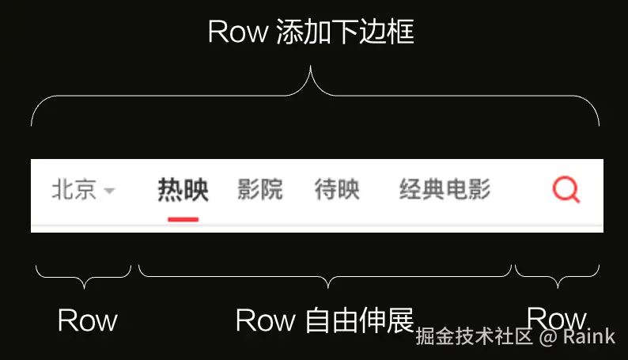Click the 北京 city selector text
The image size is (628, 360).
[74, 191]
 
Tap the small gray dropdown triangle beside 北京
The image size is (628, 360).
[109, 191]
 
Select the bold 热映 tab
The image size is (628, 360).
[183, 190]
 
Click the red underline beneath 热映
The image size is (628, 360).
[183, 218]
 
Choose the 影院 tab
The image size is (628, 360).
[260, 190]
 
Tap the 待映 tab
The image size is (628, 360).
[337, 190]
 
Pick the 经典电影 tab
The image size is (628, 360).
[445, 190]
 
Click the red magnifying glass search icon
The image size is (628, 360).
[566, 190]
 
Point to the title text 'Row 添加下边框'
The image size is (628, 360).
[311, 32]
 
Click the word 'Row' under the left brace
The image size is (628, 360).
[87, 320]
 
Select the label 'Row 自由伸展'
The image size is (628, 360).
[325, 320]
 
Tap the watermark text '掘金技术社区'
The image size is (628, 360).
[475, 337]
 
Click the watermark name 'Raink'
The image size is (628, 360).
[589, 337]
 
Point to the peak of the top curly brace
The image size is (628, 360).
[311, 70]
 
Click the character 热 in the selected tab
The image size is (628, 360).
[170, 190]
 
